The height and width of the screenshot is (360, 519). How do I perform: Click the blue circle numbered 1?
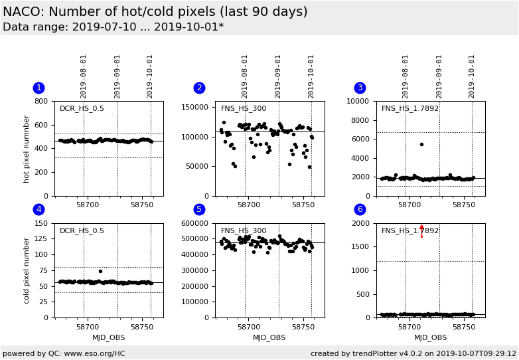point(38,88)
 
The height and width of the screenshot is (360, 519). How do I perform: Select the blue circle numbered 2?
point(199,88)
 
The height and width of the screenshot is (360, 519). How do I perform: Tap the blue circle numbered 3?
point(360,88)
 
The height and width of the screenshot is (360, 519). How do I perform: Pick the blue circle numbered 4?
point(38,209)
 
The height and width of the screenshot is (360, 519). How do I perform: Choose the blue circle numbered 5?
point(199,209)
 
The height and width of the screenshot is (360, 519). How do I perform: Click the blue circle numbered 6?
point(360,209)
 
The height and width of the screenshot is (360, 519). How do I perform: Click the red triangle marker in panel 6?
point(421,228)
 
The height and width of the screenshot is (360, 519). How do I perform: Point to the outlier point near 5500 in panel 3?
point(421,144)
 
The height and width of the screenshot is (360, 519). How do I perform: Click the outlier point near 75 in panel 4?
point(100,271)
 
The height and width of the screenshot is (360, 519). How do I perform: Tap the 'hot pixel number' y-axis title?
point(27,149)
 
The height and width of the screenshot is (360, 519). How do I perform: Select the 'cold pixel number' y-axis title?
point(27,270)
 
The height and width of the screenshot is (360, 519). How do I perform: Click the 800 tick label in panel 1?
point(41,102)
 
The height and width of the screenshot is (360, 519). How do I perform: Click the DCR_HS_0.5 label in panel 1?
point(82,109)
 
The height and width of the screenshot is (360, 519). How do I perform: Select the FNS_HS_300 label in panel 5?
point(244,230)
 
